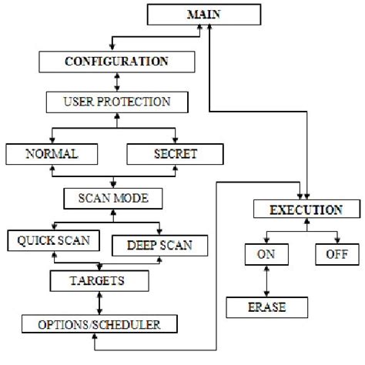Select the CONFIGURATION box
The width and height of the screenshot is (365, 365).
coord(116,60)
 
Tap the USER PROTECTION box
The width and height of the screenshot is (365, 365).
coord(115,101)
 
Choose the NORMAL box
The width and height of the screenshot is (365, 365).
coord(52,153)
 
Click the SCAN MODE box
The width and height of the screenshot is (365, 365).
coord(115,198)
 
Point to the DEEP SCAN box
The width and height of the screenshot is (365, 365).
coord(161,245)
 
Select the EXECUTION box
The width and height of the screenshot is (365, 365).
coord(306,209)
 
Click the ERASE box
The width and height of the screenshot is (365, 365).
coord(266,307)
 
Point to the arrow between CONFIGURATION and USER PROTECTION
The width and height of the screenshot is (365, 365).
coord(116,80)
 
